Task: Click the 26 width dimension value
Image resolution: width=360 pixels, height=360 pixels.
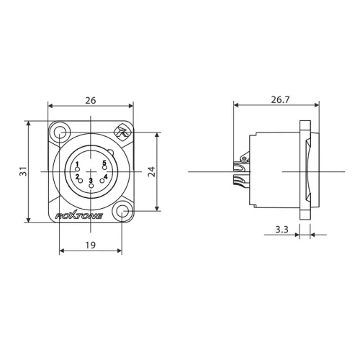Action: point(91,101)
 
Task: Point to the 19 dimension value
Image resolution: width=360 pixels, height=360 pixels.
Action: point(91,245)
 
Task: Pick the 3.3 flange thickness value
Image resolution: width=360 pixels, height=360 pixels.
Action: point(282,230)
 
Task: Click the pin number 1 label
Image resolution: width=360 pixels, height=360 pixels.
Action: point(77,164)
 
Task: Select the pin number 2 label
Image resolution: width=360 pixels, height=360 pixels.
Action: point(77,176)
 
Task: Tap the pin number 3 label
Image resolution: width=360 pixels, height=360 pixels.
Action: point(91,180)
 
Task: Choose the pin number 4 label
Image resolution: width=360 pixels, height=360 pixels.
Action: point(105,176)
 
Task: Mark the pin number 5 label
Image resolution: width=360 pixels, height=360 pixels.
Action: point(104,163)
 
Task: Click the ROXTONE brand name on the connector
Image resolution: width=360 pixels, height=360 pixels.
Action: point(79,215)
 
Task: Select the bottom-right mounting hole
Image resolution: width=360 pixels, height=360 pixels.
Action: point(123,212)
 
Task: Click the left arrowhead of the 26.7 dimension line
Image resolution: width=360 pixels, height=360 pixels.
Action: point(235,105)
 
